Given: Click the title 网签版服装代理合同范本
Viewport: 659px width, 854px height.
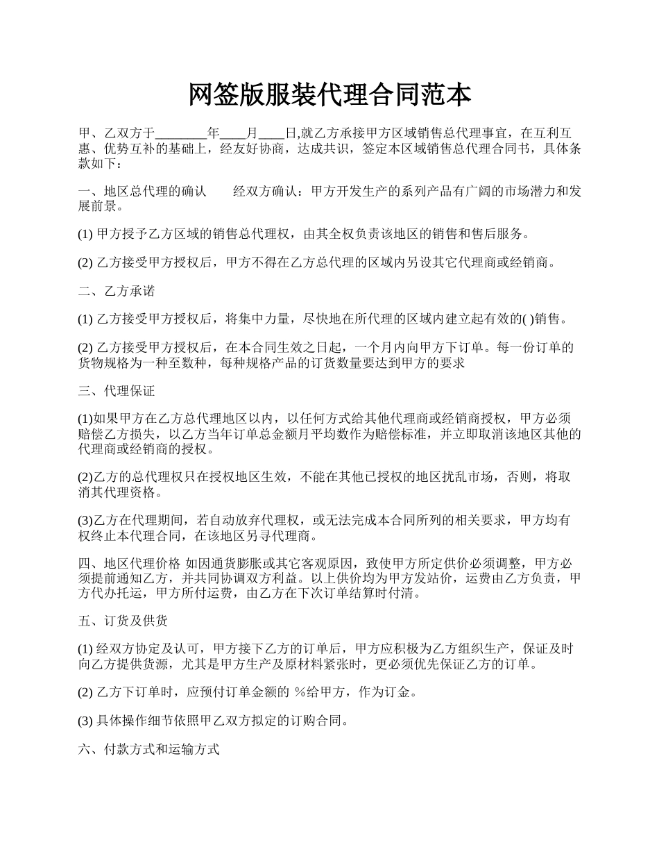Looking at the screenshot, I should [329, 96].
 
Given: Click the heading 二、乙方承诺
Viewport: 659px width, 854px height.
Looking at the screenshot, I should [117, 292].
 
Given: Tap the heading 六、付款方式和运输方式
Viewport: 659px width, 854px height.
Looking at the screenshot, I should [148, 750].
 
